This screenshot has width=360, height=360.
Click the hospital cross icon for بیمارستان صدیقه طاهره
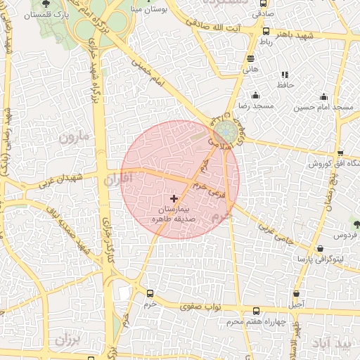click(x=174, y=199)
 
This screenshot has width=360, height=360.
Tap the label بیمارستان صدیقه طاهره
click(x=184, y=214)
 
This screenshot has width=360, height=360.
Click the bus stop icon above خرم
click(x=149, y=294)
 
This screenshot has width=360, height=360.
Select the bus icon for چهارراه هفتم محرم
click(x=255, y=311)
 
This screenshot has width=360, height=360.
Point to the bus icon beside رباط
click(x=266, y=31)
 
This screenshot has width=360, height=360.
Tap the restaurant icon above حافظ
click(x=284, y=75)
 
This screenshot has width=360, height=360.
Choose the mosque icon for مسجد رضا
click(x=255, y=95)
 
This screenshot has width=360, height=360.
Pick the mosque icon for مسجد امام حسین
click(x=323, y=97)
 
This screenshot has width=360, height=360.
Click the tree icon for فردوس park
click(x=356, y=224)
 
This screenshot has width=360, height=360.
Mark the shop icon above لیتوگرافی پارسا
click(x=321, y=249)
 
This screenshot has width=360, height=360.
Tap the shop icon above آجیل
click(x=296, y=294)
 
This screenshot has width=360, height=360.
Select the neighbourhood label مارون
click(x=75, y=136)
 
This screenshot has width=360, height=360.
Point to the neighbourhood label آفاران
click(x=117, y=180)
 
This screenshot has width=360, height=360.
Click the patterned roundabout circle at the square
click(x=226, y=131)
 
